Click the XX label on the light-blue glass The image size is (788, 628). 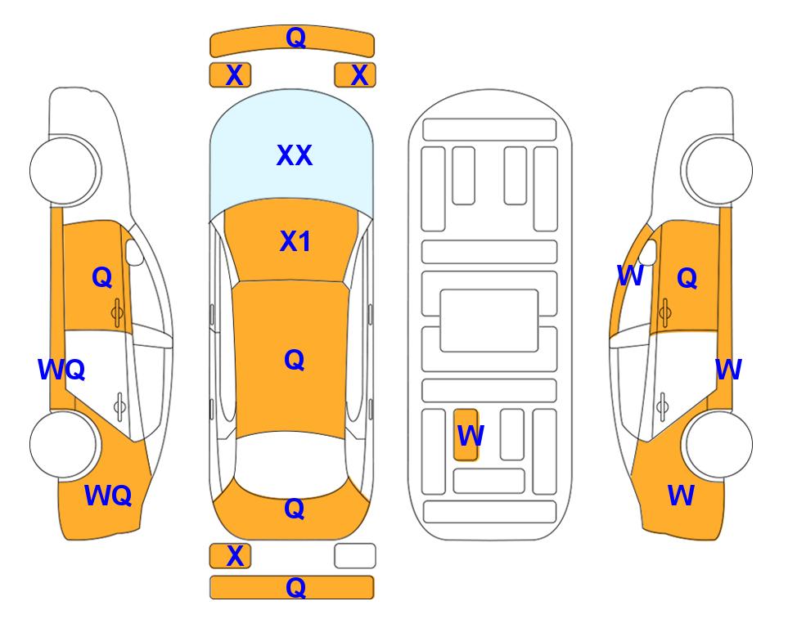click(295, 155)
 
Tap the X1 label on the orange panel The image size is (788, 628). click(295, 241)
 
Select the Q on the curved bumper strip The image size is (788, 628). click(295, 38)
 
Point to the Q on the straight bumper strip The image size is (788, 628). click(295, 587)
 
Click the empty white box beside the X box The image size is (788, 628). click(355, 556)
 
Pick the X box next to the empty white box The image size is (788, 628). click(230, 556)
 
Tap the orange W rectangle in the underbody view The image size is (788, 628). click(466, 434)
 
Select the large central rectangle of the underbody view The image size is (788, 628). click(489, 321)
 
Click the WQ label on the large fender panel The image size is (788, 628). click(108, 496)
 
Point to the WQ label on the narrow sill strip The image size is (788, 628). click(61, 370)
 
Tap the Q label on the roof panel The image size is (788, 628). click(295, 360)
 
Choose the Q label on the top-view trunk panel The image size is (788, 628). click(295, 509)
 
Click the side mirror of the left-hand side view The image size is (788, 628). click(134, 252)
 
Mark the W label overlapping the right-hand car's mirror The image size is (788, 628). click(630, 276)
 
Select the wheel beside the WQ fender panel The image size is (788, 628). click(63, 444)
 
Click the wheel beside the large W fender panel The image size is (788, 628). click(718, 444)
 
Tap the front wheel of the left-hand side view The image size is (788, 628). click(63, 171)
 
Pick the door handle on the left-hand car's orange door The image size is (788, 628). click(117, 313)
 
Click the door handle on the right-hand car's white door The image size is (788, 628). click(662, 406)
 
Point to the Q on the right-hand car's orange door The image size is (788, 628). click(687, 277)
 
